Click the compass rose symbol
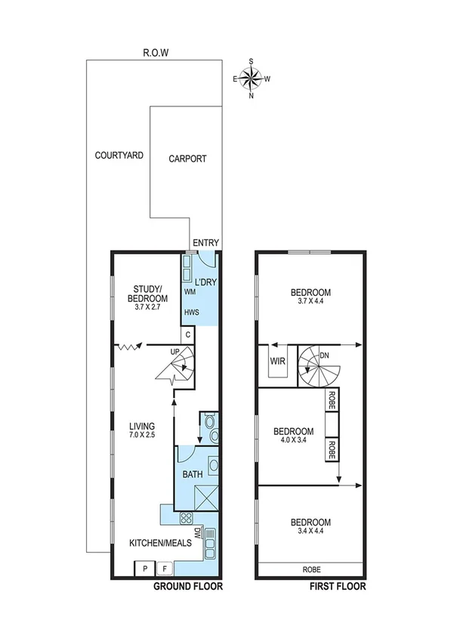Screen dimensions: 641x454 click(x=252, y=78)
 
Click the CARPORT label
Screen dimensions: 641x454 click(x=187, y=159)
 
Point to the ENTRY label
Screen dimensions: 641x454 click(x=205, y=243)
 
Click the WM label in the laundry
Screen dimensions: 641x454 click(x=190, y=291)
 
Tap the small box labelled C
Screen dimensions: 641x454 click(x=188, y=334)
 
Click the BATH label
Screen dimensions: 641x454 click(x=191, y=474)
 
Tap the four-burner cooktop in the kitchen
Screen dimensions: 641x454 click(x=186, y=518)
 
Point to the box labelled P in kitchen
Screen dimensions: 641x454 click(x=143, y=569)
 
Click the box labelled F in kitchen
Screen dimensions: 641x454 click(x=165, y=569)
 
